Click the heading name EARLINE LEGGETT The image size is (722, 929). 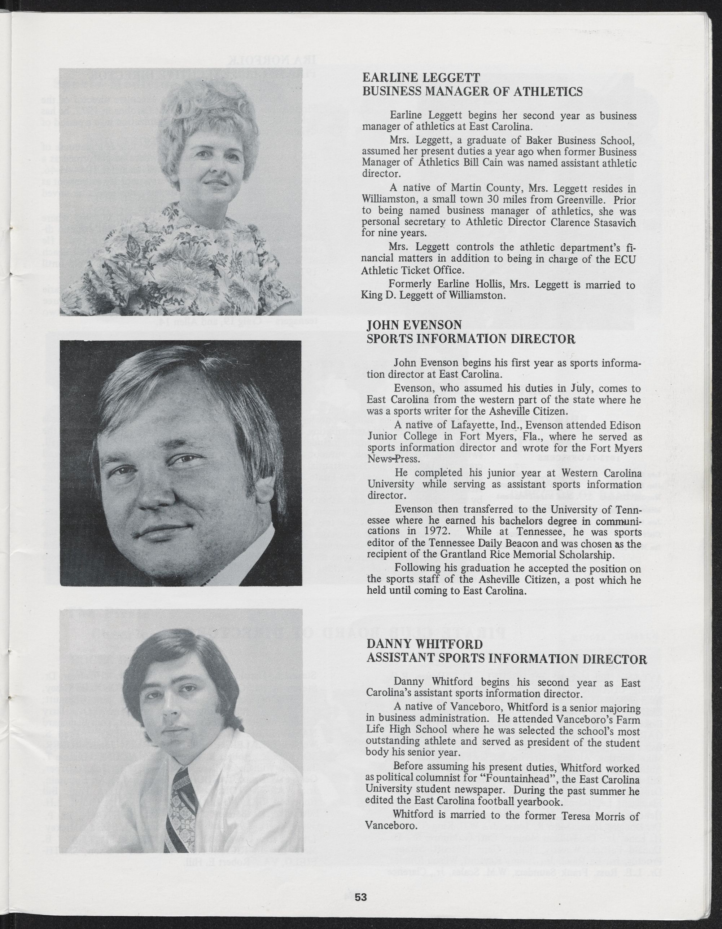421,78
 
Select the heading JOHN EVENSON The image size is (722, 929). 414,326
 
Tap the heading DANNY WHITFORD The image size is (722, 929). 419,643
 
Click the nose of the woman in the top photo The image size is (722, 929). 213,169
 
